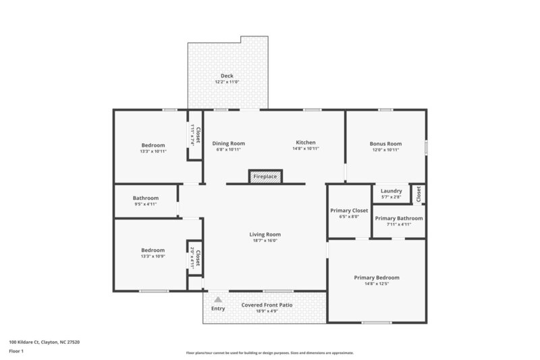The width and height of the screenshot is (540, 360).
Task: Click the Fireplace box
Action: tap(265, 176)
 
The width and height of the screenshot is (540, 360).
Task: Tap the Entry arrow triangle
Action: tap(217, 298)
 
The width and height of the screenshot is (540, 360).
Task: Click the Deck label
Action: tap(227, 75)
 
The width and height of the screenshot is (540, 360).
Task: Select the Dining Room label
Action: tap(228, 143)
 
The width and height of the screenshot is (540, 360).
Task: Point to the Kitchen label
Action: tap(306, 143)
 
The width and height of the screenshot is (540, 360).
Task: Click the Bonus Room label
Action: tap(385, 144)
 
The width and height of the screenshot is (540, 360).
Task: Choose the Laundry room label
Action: tap(391, 191)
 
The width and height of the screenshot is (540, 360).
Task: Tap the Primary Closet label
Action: tap(349, 211)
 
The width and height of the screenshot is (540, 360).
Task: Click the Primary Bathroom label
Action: tap(399, 218)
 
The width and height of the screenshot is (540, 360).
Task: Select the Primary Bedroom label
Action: tap(377, 278)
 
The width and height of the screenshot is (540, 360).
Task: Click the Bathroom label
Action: tap(146, 198)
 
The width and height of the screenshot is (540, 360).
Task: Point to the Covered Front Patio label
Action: tap(267, 305)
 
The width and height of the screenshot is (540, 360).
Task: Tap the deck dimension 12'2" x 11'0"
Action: tap(227, 82)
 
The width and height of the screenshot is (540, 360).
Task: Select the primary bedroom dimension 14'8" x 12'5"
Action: tap(377, 284)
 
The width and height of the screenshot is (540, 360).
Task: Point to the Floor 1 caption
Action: tap(17, 351)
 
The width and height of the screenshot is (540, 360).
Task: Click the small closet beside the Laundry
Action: tap(418, 194)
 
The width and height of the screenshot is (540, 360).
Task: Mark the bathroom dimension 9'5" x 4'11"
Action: tap(146, 204)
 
